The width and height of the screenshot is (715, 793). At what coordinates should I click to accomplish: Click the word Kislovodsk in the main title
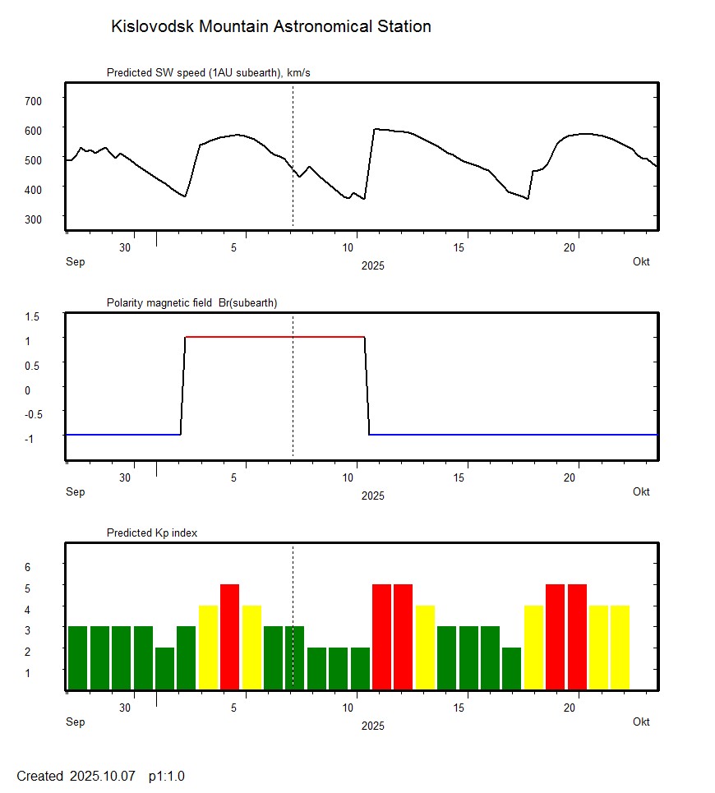pos(148,26)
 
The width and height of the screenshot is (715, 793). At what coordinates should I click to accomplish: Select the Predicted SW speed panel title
pos(208,73)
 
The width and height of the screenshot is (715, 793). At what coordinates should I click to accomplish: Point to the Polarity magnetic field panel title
pos(191,302)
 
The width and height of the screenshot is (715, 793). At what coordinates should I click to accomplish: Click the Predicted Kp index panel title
pos(152,533)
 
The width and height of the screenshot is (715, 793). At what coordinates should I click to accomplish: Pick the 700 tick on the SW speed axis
pos(33,100)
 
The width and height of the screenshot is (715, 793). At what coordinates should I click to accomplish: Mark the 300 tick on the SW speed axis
pos(33,219)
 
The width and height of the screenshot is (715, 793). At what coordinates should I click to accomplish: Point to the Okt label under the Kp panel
pos(641,722)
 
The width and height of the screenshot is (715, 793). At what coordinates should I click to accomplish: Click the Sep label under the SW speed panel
pos(75,261)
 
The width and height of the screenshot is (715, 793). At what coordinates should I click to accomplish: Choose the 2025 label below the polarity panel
pos(372,496)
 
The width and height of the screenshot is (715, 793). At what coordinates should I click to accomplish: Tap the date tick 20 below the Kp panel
pos(570,708)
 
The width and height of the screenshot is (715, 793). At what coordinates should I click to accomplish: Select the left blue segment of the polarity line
pos(123,434)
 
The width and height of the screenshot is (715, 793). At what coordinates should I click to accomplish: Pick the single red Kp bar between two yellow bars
pos(229,637)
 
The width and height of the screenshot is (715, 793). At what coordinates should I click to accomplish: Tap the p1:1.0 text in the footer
pos(167,776)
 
